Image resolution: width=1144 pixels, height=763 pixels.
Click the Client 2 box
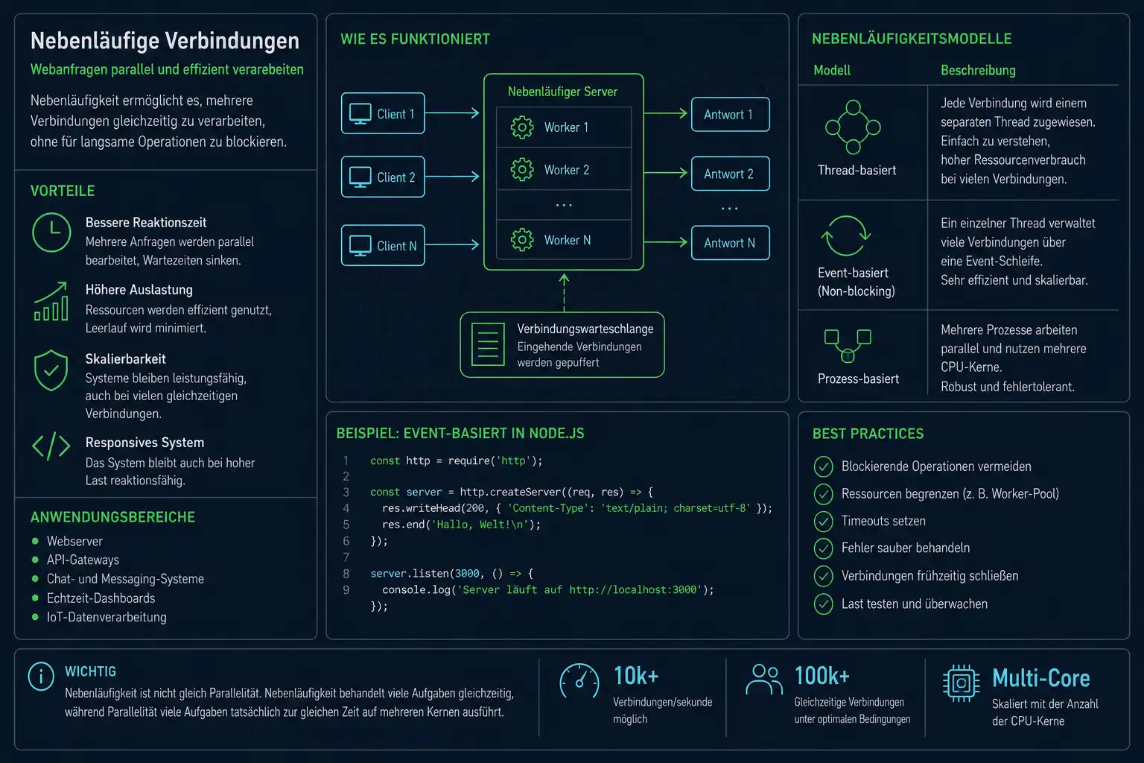point(383,177)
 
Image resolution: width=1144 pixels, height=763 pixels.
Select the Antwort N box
point(731,243)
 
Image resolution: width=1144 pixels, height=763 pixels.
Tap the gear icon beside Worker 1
point(522,127)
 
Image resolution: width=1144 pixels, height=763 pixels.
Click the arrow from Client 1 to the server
point(452,113)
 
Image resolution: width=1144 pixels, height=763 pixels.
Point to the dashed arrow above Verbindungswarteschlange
point(564,293)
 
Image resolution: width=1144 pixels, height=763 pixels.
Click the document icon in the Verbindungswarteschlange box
point(488,344)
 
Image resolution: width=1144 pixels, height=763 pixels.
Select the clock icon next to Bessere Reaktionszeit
point(51,232)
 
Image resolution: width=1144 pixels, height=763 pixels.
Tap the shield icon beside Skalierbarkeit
point(51,370)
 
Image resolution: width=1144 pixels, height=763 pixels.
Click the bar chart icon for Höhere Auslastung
point(51,302)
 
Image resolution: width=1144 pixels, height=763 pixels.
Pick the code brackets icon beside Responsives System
point(51,446)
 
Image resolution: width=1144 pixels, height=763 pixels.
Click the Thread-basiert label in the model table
point(857,170)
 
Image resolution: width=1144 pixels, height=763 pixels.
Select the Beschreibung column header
point(978,71)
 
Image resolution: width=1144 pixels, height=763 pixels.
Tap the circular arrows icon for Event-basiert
point(846,235)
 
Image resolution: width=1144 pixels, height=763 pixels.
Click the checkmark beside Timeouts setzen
point(823,522)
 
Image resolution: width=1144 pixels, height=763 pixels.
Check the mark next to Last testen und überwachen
point(823,604)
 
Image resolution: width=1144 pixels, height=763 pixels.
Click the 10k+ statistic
point(636,676)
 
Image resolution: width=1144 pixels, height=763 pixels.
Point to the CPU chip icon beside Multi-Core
point(961,683)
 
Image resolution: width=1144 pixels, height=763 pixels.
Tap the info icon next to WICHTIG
point(42,676)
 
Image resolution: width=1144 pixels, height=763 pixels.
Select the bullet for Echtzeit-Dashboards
point(35,598)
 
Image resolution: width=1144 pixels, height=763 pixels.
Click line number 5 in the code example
point(346,525)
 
